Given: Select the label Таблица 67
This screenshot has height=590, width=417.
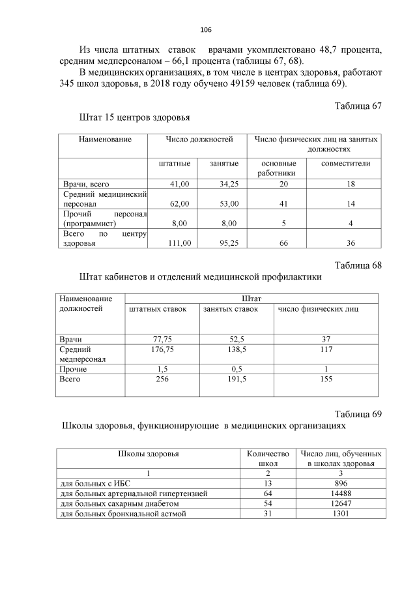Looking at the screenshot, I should [x=358, y=106].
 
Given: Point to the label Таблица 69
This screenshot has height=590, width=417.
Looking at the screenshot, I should [x=358, y=414].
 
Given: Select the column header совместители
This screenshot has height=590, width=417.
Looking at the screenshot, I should [x=345, y=163].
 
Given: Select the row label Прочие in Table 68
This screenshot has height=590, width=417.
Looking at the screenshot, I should [x=73, y=369].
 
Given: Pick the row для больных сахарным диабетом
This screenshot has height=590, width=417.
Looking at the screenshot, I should [x=125, y=503].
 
